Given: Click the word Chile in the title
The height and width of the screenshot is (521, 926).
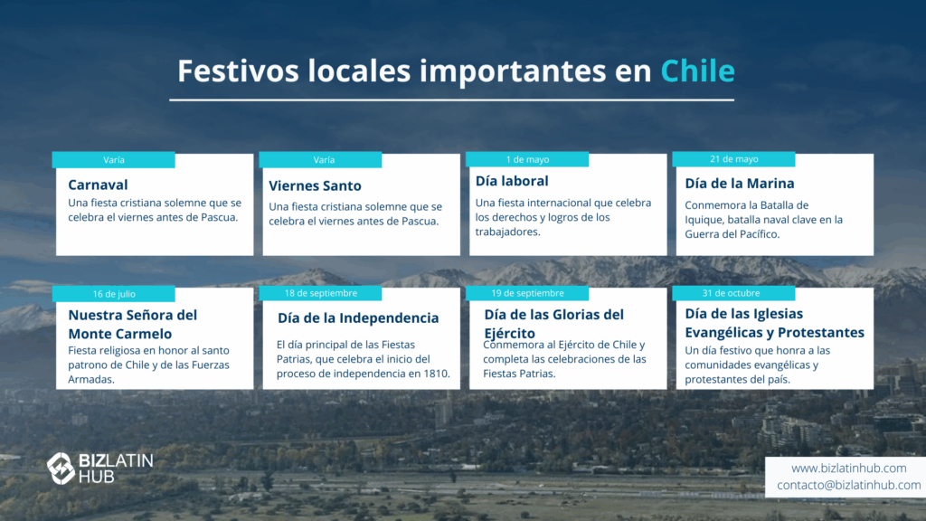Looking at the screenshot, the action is point(697,71).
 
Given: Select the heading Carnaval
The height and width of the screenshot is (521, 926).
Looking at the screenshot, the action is point(98,185).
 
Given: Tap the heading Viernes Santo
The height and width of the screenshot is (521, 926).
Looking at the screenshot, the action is point(315,186).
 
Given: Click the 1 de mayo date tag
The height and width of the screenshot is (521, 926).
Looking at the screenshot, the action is point(527,159).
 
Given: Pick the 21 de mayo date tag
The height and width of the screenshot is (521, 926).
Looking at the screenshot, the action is point(734,159).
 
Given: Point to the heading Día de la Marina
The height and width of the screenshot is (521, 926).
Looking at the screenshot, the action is point(740,184).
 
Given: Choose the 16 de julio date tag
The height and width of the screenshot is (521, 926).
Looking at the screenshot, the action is point(114,294).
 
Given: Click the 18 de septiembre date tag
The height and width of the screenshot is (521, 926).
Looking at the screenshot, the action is point(321,293).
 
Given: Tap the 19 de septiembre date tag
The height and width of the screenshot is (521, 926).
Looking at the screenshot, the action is point(527,293).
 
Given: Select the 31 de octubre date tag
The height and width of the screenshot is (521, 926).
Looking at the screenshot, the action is point(734,293).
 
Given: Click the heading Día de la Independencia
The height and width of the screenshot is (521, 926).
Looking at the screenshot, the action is point(358,317).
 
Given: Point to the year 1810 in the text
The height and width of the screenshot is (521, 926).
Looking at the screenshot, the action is point(436,374).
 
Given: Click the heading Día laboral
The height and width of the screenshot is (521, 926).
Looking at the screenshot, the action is point(512,181).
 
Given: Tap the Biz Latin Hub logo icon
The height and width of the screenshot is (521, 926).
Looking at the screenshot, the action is point(61,469).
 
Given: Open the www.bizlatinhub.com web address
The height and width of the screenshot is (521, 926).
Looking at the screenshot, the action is point(848,468).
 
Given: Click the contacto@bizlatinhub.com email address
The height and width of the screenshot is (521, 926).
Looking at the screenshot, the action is point(848,485).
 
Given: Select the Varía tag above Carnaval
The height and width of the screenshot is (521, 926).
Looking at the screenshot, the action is point(114,160).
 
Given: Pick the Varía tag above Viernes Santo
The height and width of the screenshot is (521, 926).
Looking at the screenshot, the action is point(321,160).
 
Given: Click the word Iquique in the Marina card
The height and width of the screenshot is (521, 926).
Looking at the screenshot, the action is point(702,221).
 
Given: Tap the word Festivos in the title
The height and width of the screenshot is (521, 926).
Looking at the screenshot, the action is point(238,71).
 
